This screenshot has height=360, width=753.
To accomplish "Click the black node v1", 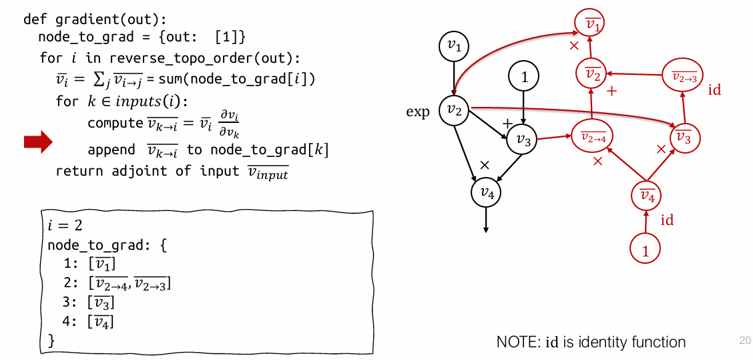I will (x=454, y=45).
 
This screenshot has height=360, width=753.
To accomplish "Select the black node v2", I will (x=454, y=110).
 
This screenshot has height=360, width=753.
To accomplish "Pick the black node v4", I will (x=487, y=193).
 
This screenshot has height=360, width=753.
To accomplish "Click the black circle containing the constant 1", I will (x=524, y=77).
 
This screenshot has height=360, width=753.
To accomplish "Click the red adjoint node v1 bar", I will (x=591, y=25).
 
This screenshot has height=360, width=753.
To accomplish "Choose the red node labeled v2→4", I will (x=591, y=138).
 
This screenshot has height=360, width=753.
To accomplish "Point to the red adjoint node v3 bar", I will (x=683, y=137).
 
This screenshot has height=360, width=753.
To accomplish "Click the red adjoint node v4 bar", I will (x=646, y=196).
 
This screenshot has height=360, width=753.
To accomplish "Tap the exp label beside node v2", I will (x=418, y=112).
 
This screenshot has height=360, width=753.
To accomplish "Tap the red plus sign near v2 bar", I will (x=611, y=89).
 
